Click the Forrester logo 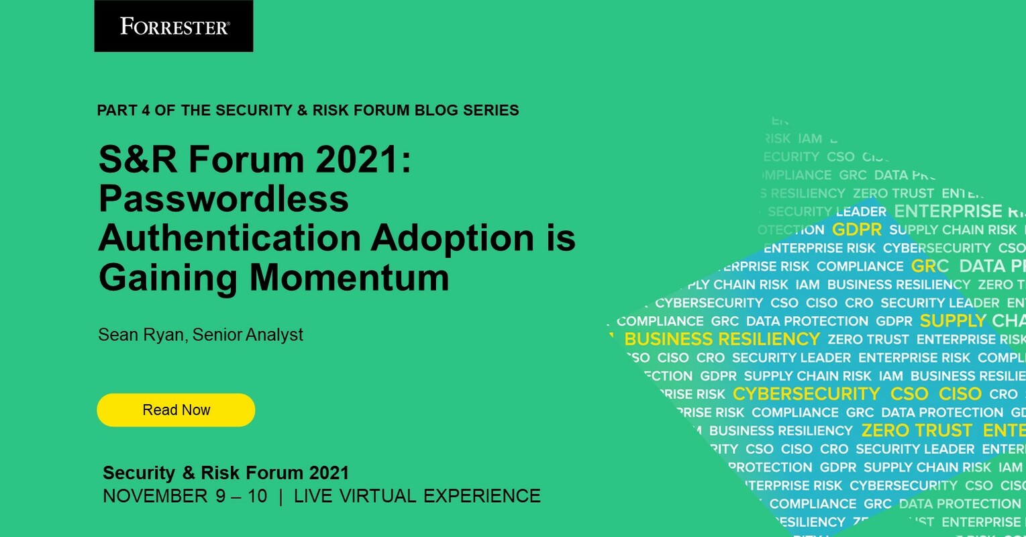click(x=174, y=26)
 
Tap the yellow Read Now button click(x=176, y=410)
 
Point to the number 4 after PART click(x=146, y=110)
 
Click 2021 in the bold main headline click(x=358, y=160)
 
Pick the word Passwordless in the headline click(x=223, y=199)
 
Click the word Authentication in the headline click(x=229, y=238)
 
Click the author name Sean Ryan click(x=140, y=334)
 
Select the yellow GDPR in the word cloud click(x=856, y=230)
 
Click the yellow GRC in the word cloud click(x=929, y=266)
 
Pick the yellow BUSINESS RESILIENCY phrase click(x=722, y=339)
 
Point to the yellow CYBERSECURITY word click(x=807, y=394)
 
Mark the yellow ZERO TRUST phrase click(x=917, y=430)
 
